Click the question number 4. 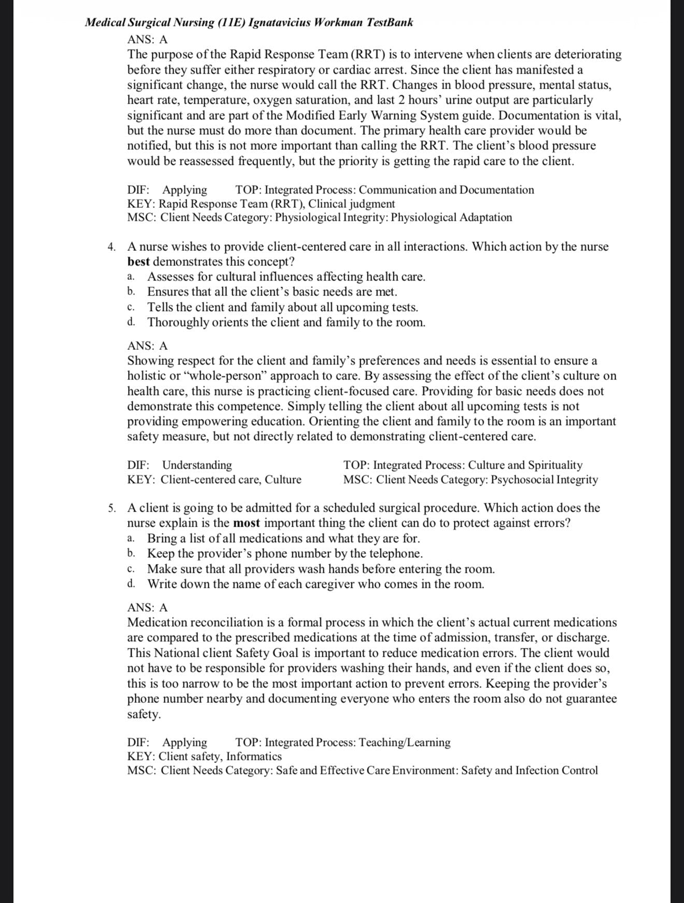coord(111,247)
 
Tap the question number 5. coord(111,508)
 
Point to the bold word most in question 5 coord(246,523)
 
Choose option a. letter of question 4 coord(131,277)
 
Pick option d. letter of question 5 coord(131,584)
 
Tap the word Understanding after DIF coord(197,465)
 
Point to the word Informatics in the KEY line coord(254,756)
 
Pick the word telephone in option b coord(395,554)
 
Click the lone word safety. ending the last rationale coord(144,714)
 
